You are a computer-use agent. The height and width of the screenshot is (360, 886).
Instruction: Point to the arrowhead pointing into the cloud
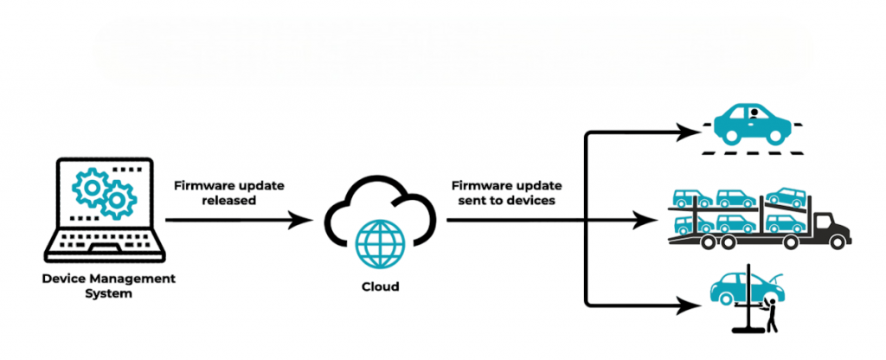pos(302,220)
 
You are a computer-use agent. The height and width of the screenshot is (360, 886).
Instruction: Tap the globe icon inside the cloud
pos(379,245)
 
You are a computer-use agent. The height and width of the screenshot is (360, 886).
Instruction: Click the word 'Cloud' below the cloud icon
pos(379,286)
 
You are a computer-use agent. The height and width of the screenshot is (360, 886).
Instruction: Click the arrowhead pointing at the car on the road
pos(690,132)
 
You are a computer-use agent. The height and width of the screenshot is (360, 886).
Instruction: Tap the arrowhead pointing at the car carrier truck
pos(645,220)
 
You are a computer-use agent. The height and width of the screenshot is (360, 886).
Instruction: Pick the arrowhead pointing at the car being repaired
pos(690,305)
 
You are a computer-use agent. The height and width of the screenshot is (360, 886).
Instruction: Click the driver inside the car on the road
pos(754,114)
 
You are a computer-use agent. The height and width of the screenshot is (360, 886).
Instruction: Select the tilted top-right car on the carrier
pos(785,196)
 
